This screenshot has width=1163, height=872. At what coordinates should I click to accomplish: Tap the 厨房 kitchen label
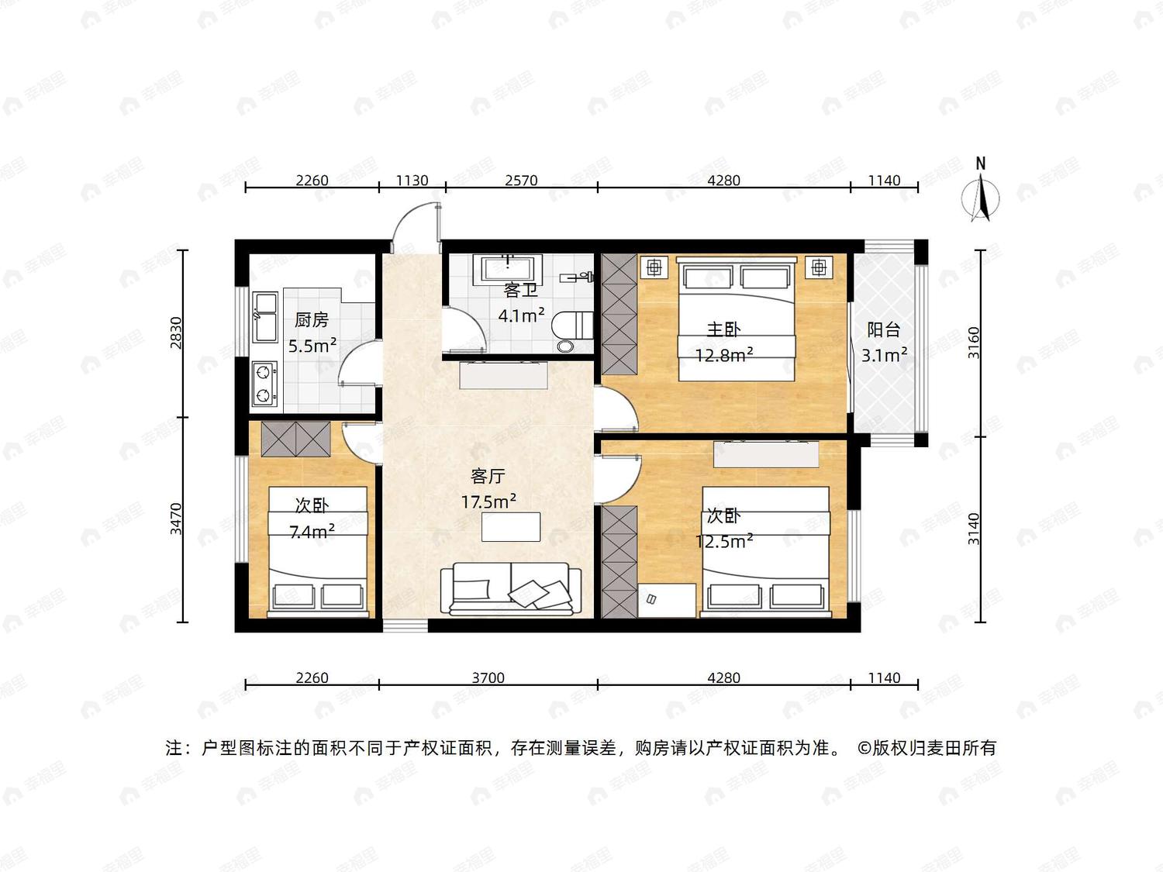point(312,319)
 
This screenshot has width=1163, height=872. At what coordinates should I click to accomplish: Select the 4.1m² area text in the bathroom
point(521,315)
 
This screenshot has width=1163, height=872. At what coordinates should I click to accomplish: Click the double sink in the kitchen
point(264,316)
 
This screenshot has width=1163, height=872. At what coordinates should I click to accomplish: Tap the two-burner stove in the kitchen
point(264,384)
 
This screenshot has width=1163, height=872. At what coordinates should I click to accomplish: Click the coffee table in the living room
point(511,526)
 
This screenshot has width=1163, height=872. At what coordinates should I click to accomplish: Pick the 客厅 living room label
point(488,477)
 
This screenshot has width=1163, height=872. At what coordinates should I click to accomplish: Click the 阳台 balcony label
point(884,330)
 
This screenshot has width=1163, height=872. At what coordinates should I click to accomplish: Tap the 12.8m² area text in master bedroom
point(724,355)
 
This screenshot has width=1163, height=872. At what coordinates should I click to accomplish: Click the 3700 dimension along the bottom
point(488,677)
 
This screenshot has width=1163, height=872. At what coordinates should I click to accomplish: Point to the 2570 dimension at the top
point(521,181)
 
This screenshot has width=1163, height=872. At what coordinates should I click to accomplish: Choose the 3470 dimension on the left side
point(176,519)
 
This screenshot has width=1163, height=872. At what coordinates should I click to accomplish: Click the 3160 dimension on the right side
point(974,343)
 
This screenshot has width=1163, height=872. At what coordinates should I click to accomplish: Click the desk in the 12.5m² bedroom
point(667,601)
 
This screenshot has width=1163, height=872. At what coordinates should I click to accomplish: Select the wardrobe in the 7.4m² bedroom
point(295,439)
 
